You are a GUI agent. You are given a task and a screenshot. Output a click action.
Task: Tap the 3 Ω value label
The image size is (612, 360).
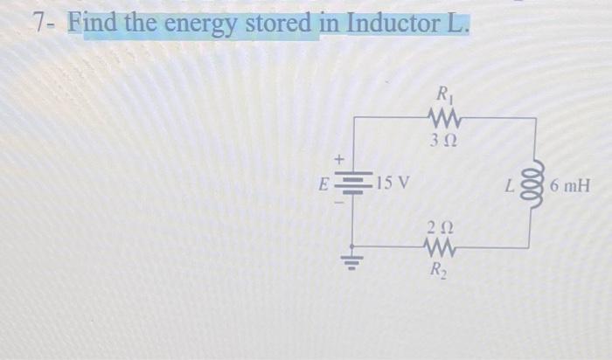coord(444,140)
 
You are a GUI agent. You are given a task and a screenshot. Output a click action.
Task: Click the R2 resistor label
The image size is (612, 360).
coord(436,270)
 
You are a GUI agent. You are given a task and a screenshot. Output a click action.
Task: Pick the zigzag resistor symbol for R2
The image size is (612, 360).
coord(437,248)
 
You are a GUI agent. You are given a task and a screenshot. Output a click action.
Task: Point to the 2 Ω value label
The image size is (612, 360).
coord(437,227)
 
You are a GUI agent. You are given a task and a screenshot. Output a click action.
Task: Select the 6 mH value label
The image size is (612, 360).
coord(572,186)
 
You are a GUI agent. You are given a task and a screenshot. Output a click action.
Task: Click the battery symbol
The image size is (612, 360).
coord(353,184)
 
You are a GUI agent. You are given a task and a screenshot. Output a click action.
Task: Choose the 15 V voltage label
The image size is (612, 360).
coord(392,183)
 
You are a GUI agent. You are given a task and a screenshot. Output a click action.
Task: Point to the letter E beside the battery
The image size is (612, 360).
coord(324,184)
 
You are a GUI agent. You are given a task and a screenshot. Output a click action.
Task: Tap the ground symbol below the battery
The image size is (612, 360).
coord(353,262)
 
